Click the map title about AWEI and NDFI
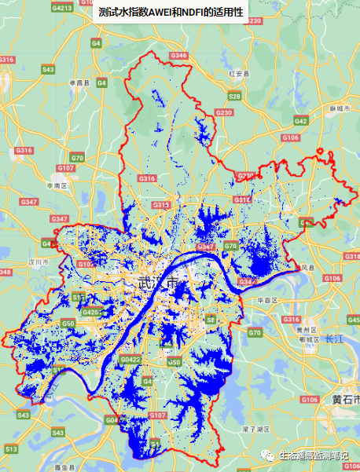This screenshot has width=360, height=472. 168,13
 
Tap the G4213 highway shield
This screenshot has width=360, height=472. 61,8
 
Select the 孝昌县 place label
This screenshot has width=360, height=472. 78,82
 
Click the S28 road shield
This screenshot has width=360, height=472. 234,96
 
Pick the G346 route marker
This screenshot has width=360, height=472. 178,56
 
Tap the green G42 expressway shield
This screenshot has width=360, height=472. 300,121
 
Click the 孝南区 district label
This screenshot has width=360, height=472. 57,185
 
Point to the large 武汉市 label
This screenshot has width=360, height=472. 160,283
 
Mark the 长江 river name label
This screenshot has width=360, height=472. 334,338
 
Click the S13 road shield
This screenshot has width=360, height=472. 10,448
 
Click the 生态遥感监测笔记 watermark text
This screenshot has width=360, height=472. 314,455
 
